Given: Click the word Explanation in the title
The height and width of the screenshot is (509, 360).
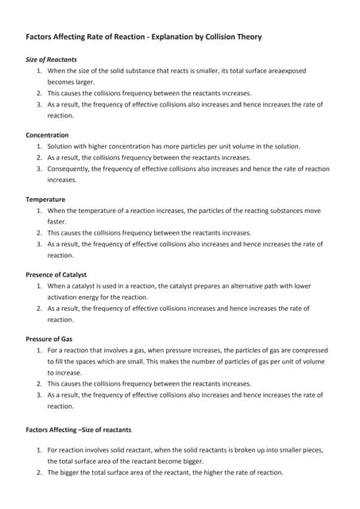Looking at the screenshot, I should tap(172, 37).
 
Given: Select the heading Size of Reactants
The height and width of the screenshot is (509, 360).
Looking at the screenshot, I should tap(52, 60).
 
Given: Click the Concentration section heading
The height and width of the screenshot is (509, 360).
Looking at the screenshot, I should tap(47, 135).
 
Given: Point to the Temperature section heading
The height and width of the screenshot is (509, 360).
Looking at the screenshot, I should tap(45, 199).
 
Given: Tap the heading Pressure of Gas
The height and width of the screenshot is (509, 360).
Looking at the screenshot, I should tap(50, 338).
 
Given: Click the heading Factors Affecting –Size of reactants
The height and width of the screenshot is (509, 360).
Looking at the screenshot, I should tap(79, 429).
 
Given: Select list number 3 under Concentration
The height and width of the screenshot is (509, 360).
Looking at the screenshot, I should tap(40, 169).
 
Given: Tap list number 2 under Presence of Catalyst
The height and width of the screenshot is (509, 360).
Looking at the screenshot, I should tap(40, 308).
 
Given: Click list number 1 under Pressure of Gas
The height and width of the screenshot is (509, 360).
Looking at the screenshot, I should tap(40, 349).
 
